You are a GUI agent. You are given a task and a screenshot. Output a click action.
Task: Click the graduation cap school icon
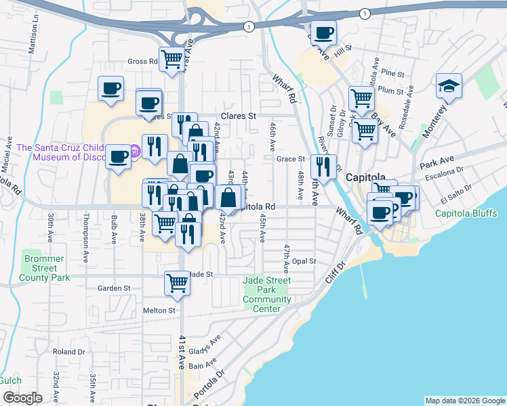tap(449, 86)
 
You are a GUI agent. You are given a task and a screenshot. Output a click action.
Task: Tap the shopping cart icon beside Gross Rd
tap(171, 59)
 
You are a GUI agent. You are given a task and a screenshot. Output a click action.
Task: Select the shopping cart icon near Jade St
tap(177, 283)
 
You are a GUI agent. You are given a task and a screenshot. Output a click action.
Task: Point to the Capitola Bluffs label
tap(467, 214)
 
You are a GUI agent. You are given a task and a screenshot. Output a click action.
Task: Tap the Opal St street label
tap(304, 261)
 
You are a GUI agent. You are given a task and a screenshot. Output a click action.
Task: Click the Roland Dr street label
tap(68, 352)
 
